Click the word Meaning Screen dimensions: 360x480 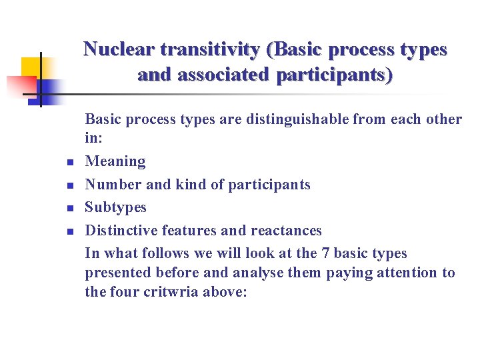point(115,161)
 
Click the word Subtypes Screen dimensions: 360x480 point(116,207)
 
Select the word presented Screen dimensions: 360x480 point(118,273)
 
